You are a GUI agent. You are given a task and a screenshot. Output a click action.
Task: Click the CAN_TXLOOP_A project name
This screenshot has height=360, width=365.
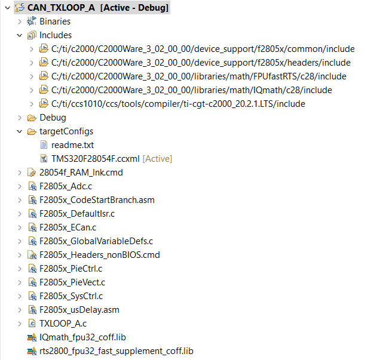point(61,8)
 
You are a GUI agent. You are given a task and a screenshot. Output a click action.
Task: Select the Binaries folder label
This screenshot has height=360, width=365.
point(55,21)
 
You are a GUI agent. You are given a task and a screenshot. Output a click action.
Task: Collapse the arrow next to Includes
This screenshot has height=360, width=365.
point(20,35)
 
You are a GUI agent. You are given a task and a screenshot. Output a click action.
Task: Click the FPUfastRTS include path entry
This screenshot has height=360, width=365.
point(198,76)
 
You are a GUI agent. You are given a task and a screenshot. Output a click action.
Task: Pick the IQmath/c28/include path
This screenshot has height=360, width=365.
point(192,90)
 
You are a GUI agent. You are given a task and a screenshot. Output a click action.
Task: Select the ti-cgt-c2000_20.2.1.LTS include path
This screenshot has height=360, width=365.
point(178,104)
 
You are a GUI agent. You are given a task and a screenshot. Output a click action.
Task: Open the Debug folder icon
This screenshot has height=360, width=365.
point(32,118)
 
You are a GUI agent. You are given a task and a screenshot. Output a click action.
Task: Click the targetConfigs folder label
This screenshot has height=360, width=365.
point(66,131)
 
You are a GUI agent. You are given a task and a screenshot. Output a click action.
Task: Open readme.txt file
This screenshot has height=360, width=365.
point(72,145)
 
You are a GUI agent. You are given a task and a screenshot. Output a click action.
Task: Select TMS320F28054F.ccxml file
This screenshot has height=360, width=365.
point(95,159)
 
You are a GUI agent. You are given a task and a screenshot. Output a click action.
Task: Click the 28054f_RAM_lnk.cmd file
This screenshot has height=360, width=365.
point(81,173)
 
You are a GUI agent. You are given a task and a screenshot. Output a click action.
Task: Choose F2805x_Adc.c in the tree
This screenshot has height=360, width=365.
point(66,186)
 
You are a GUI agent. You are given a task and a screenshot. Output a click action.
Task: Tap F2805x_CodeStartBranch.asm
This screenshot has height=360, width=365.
point(97,200)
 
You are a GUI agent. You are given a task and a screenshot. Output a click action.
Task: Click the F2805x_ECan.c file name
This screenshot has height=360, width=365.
point(68,227)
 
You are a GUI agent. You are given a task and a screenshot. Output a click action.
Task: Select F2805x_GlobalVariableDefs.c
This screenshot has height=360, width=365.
point(96,241)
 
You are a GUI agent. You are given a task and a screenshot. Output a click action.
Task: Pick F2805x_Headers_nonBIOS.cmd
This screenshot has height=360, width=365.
point(100,255)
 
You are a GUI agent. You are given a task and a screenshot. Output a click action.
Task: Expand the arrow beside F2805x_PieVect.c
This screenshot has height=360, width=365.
point(20,283)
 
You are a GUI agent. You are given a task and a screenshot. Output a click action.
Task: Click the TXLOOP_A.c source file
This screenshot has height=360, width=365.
point(63,324)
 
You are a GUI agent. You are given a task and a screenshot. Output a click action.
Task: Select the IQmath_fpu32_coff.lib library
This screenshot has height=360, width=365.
point(82,337)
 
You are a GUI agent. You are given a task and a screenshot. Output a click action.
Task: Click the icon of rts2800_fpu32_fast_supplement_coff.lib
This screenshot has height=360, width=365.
point(32,351)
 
